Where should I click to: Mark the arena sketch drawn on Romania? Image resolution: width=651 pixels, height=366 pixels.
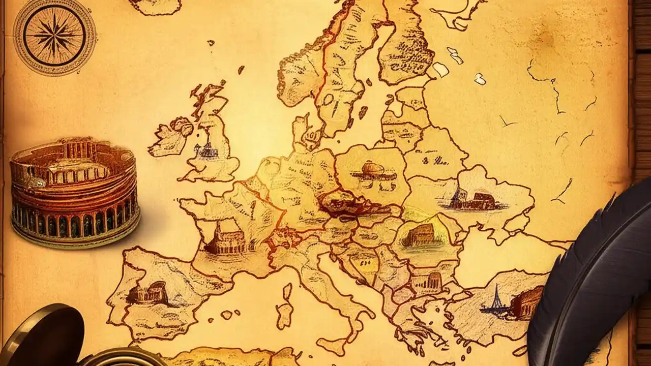420,235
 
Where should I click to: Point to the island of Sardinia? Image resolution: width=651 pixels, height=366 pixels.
284,310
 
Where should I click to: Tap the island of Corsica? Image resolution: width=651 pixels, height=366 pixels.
287,291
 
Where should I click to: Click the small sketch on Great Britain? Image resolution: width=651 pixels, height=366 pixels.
208,150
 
